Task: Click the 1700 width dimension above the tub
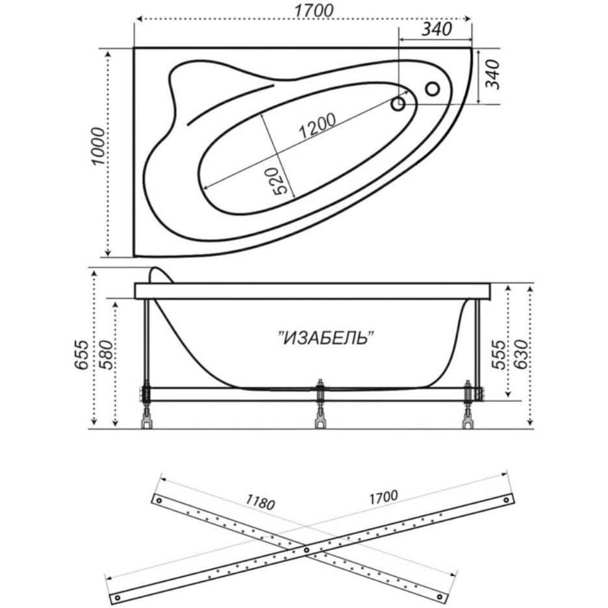(314, 11)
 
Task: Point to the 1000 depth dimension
(98, 146)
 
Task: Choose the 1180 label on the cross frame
(260, 502)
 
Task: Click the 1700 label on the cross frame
(383, 498)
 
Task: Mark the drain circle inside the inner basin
(399, 103)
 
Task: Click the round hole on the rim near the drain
(432, 88)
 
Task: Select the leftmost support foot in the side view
(146, 421)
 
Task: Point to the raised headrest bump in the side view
(158, 275)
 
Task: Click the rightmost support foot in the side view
(468, 421)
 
